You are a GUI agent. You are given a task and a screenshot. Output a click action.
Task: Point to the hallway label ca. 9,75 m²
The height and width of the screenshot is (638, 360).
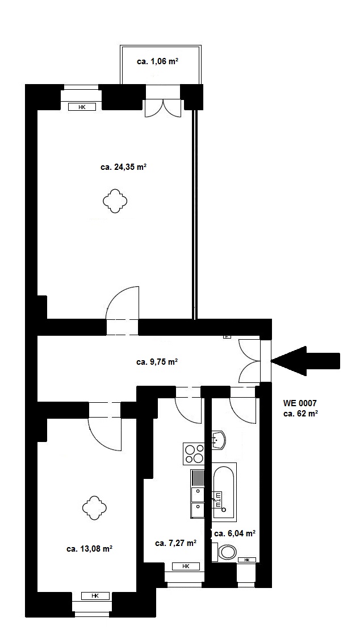tap(157, 361)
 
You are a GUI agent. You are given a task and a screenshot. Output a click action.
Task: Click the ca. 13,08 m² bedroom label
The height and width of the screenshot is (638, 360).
tap(90, 548)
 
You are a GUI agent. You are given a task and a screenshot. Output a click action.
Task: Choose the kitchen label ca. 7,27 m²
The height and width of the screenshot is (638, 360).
tap(176, 543)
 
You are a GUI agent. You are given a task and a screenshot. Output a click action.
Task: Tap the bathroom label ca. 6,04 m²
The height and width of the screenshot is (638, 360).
tap(235, 533)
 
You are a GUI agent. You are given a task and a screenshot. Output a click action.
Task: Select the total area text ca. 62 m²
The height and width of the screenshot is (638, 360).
tap(300, 414)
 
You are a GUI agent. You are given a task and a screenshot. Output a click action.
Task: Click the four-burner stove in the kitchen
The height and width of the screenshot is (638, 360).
tap(194, 454)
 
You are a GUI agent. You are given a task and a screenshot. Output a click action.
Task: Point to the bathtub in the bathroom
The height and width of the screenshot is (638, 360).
tap(224, 491)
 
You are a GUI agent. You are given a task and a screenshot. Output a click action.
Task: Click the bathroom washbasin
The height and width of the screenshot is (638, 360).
tap(219, 440)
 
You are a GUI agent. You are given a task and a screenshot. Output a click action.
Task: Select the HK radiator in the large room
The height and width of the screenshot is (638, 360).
tap(82, 107)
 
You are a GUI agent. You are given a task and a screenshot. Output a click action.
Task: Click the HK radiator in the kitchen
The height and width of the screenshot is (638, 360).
tap(186, 566)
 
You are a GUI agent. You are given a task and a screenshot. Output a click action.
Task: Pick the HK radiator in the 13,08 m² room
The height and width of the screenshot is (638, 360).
tap(95, 596)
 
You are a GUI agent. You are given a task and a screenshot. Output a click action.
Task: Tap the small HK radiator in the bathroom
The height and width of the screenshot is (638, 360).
tap(247, 560)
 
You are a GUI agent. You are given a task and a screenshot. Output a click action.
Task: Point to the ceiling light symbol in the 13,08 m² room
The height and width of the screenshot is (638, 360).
tap(94, 508)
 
